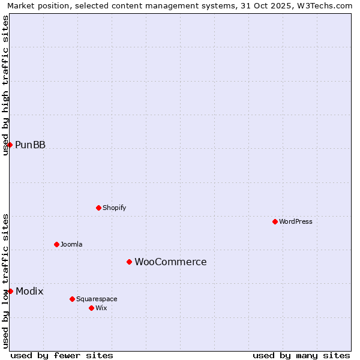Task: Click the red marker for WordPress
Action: [x=275, y=221]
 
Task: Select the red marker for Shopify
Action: [x=98, y=208]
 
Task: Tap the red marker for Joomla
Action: [x=56, y=244]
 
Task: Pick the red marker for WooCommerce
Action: [x=129, y=262]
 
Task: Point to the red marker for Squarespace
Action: [x=72, y=299]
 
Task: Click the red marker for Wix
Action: [x=91, y=308]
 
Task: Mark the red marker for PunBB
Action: [x=10, y=145]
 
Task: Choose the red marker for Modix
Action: [x=10, y=291]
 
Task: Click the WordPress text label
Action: [x=296, y=221]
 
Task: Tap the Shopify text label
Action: [x=114, y=208]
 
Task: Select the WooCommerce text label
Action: [x=170, y=262]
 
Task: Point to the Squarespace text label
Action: [x=97, y=299]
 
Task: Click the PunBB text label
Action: [x=30, y=145]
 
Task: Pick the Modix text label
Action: [x=29, y=291]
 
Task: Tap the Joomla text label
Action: [x=71, y=244]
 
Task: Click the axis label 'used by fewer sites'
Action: [x=62, y=355]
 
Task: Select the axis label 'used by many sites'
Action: [x=301, y=355]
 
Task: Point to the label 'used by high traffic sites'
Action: [x=5, y=85]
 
